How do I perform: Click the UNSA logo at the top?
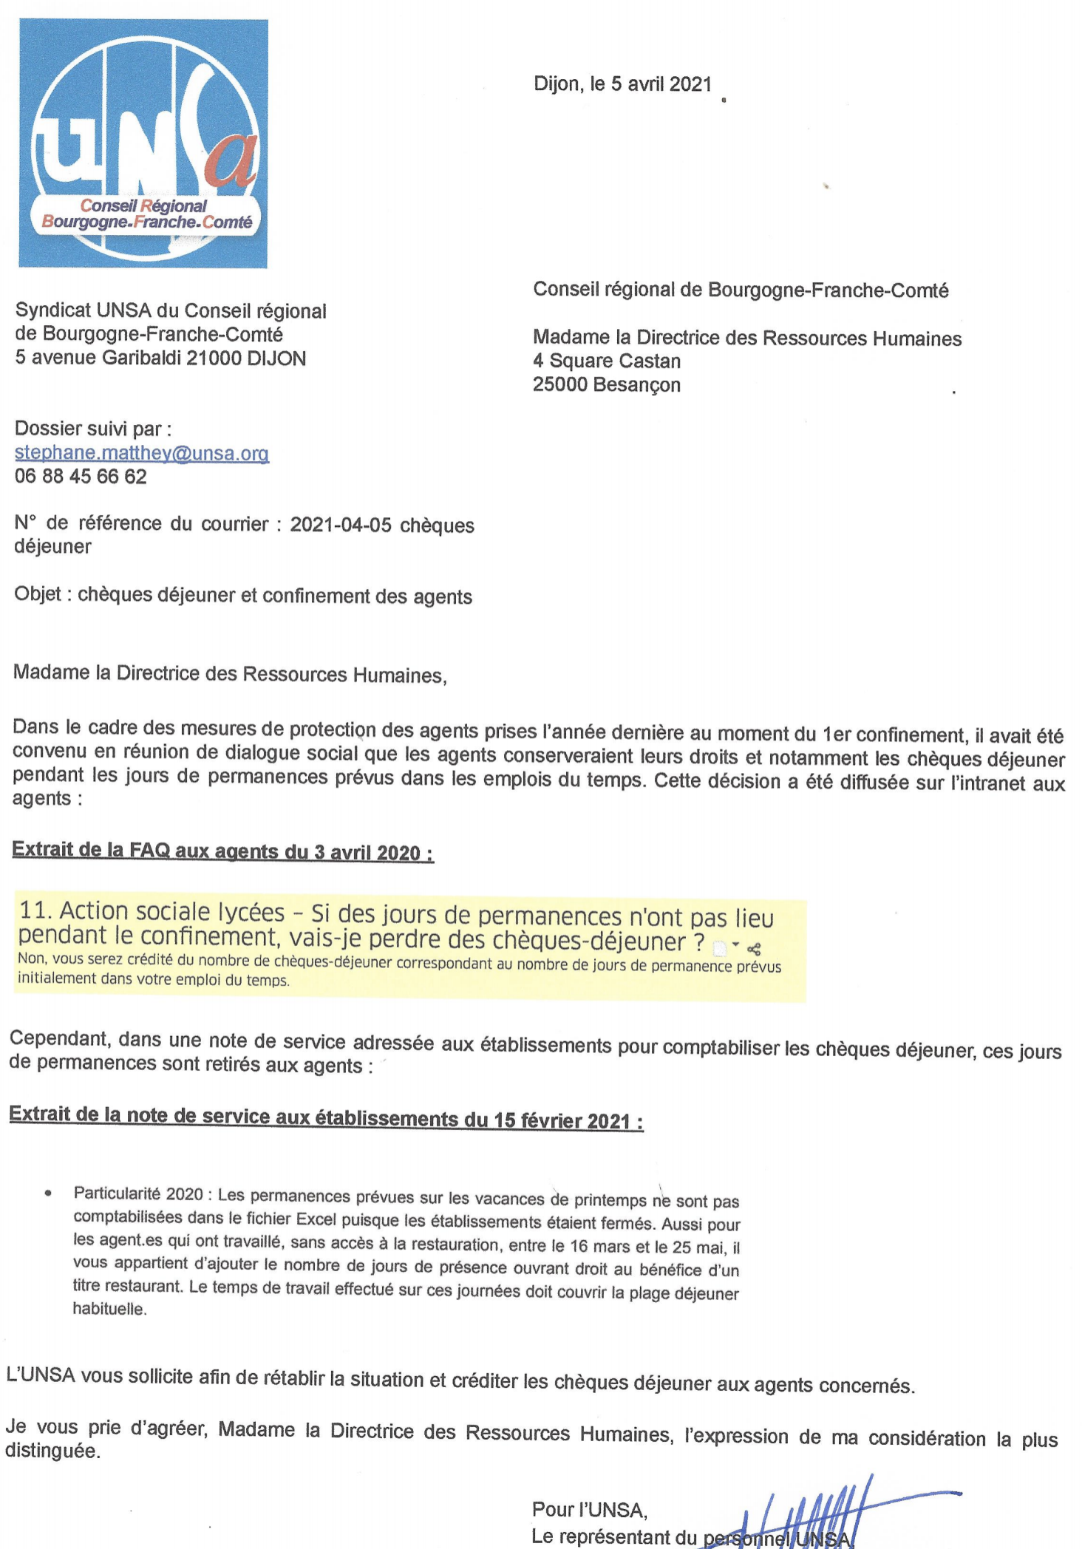coord(143,143)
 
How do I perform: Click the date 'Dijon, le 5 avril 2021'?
coord(622,84)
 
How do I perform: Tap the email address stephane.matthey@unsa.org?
coord(142,453)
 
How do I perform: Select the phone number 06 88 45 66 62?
coord(81,477)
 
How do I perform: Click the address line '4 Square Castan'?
coord(607,361)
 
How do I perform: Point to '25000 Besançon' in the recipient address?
coord(607,385)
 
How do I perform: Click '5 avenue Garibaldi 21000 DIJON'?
coord(160,358)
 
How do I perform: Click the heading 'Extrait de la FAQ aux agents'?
coord(222,851)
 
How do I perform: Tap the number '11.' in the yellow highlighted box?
coord(35,910)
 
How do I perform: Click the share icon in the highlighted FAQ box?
coord(754,949)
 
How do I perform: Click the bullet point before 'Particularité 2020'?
coord(48,1193)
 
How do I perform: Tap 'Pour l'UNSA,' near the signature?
coord(589,1510)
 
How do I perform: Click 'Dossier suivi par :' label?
coord(93,429)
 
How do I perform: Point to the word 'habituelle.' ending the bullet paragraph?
coord(109,1309)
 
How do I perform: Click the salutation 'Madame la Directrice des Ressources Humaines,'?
coord(230,674)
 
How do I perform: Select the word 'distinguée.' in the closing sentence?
coord(52,1451)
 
